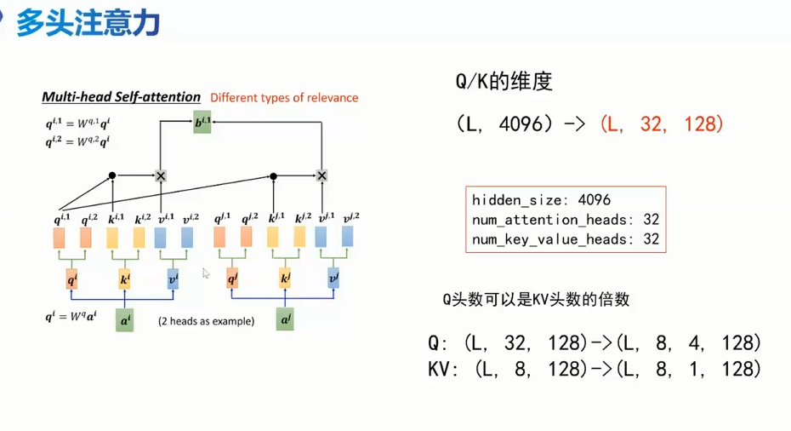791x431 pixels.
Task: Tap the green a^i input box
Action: point(125,320)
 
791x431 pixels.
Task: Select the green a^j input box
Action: point(285,320)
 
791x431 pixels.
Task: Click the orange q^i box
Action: point(71,279)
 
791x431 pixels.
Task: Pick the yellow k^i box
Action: point(124,279)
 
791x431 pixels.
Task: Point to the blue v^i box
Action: point(173,279)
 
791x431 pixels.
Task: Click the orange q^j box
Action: point(232,279)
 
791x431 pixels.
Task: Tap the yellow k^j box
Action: point(285,279)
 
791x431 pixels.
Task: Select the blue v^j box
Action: point(333,279)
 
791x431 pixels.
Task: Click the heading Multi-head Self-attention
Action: point(121,97)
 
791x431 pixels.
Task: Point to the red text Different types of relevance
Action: point(284,98)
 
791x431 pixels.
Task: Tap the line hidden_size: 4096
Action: point(541,201)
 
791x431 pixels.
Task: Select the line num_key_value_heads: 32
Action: point(566,239)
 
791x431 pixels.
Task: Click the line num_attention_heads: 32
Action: point(566,220)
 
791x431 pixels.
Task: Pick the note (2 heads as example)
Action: point(206,321)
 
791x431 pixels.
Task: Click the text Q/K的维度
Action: point(504,82)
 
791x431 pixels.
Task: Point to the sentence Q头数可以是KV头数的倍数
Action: point(536,299)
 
